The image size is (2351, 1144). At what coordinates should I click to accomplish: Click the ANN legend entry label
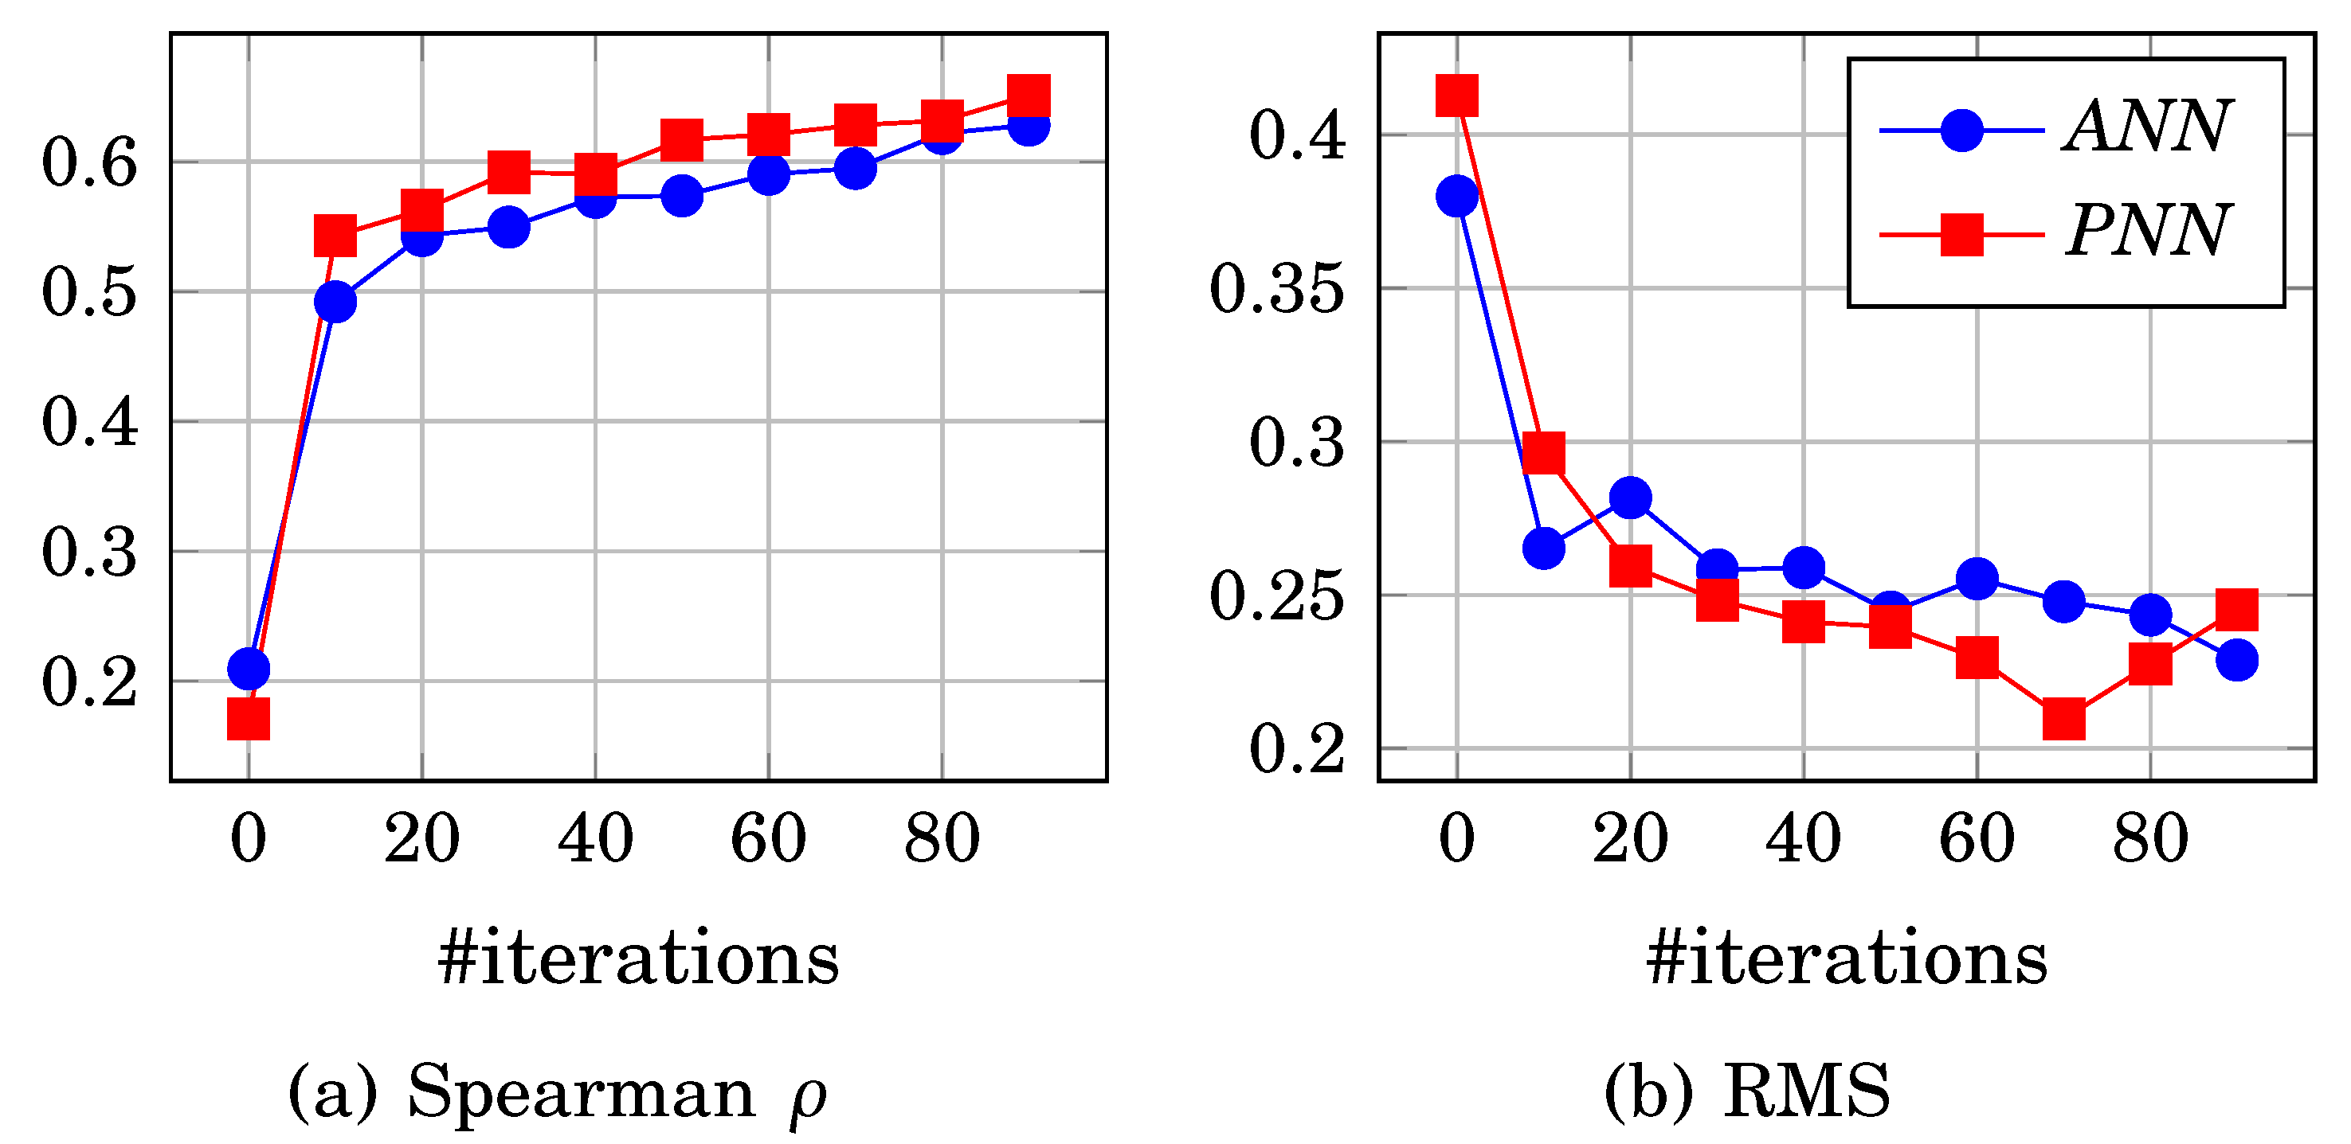(x=2149, y=127)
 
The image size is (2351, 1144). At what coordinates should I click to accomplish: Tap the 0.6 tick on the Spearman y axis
(x=89, y=164)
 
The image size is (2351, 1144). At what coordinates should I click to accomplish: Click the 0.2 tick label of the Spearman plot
(x=89, y=682)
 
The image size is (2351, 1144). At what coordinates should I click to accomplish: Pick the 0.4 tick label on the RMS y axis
(x=1297, y=137)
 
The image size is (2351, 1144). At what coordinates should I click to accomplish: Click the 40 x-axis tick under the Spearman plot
(x=595, y=838)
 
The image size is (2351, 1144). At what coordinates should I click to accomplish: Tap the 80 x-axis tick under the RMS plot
(x=2150, y=838)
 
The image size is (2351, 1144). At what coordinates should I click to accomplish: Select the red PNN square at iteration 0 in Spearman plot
(x=249, y=718)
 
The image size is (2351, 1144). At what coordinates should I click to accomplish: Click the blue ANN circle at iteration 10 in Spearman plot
(x=335, y=302)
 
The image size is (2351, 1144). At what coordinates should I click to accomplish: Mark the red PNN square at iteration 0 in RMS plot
(x=1456, y=96)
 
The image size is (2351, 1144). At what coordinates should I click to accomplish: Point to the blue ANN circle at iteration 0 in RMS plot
(x=1456, y=196)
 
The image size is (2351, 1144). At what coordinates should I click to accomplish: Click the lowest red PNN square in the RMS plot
(x=2063, y=719)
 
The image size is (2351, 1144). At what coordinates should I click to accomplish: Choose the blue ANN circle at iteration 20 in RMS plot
(x=1630, y=498)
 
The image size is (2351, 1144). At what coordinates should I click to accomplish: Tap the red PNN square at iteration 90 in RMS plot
(x=2237, y=609)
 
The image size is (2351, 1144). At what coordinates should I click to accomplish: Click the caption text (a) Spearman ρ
(x=557, y=1092)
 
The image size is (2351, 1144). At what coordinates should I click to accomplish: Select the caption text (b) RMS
(x=1747, y=1092)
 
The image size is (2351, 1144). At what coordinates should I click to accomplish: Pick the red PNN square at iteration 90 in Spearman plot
(x=1029, y=95)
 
